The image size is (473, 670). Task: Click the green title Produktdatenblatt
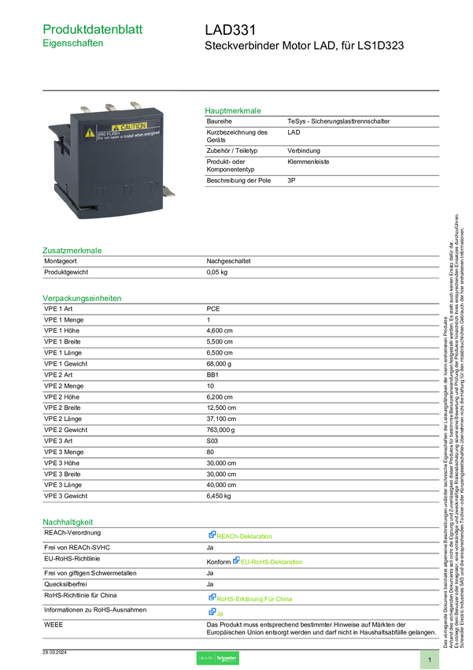[94, 29]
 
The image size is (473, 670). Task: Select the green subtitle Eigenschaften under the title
[73, 45]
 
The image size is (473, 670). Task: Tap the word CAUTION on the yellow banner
[132, 127]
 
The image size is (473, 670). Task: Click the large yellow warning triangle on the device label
[91, 132]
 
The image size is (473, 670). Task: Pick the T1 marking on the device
[101, 192]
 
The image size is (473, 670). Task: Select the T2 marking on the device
[127, 190]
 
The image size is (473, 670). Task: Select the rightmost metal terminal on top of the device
[135, 105]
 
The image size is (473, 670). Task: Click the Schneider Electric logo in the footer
[216, 659]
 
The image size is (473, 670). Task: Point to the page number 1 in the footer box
[430, 659]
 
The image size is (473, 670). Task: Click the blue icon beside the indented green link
[235, 561]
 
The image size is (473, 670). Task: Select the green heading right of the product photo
[233, 110]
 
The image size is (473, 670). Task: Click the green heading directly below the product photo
[72, 251]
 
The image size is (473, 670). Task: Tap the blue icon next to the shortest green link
[212, 612]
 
